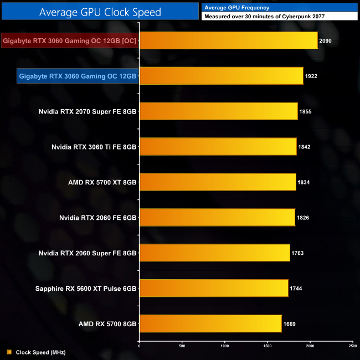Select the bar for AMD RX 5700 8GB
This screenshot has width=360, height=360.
[210, 323]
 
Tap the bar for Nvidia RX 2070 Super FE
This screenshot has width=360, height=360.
[218, 111]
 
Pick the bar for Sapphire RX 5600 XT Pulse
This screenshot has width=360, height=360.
[213, 288]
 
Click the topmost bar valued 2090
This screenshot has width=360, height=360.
[228, 40]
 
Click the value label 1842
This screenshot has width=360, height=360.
[304, 147]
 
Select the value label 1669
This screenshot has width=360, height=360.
[290, 323]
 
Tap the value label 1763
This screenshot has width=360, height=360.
[297, 253]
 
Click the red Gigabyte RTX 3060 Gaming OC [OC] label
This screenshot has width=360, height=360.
[69, 40]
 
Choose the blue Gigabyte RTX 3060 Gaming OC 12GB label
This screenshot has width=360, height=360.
[78, 76]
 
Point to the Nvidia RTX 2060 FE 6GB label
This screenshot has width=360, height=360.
[97, 217]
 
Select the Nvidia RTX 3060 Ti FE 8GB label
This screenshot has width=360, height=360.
[94, 147]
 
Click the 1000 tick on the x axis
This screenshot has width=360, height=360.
[224, 346]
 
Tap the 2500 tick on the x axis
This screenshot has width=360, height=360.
[353, 346]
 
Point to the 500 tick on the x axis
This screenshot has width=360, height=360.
[182, 346]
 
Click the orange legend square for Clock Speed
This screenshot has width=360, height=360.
[9, 352]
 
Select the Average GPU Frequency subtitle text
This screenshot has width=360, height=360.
[237, 8]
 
